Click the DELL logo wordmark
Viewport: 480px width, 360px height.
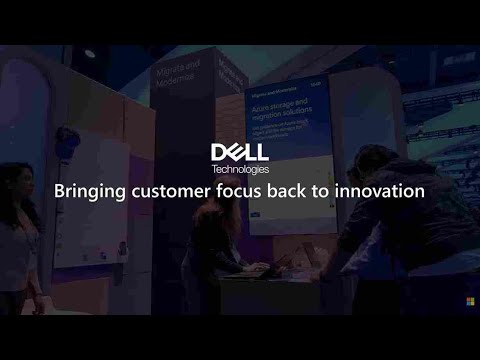click(240, 151)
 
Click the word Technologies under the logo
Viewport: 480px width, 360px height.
click(240, 168)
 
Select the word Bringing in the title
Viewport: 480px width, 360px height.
click(87, 191)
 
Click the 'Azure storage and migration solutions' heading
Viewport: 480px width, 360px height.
click(287, 110)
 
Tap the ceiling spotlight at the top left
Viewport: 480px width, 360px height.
click(89, 53)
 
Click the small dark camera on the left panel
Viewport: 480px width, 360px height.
click(66, 137)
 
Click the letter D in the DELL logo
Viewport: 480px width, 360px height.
click(219, 151)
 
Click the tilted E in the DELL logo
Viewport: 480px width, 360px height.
click(236, 151)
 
